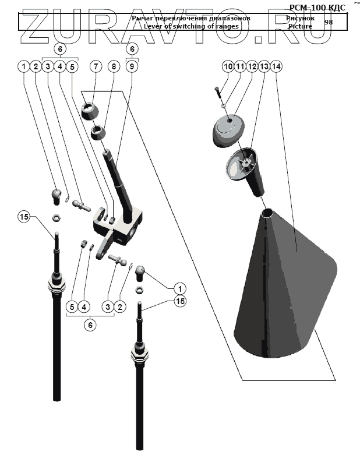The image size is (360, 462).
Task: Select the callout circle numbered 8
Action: (x=114, y=67)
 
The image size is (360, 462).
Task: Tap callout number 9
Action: (x=132, y=67)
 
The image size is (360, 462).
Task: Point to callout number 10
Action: (x=228, y=67)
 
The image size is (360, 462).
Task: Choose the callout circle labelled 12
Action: (x=252, y=67)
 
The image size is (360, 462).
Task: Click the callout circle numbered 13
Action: (x=264, y=67)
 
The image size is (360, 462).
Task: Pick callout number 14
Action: (x=276, y=67)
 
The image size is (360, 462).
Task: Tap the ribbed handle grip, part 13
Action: (x=248, y=172)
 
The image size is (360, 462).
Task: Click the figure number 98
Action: (x=329, y=22)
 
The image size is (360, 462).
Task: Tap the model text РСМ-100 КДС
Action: (x=317, y=7)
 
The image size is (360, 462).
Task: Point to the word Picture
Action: (x=300, y=27)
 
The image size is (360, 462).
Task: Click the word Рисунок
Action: (x=300, y=19)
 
